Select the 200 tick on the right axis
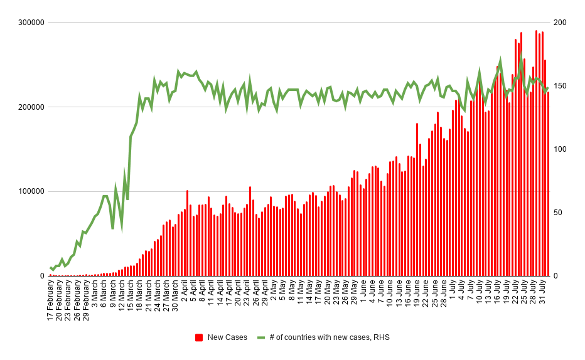pyautogui.click(x=560, y=23)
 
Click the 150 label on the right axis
pyautogui.click(x=560, y=86)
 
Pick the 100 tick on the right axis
pyautogui.click(x=560, y=149)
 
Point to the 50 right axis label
pyautogui.click(x=558, y=213)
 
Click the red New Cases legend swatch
pyautogui.click(x=199, y=337)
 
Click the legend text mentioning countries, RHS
pyautogui.click(x=330, y=337)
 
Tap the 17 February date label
pyautogui.click(x=51, y=301)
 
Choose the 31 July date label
pyautogui.click(x=542, y=295)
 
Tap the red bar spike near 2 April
pyautogui.click(x=187, y=233)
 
